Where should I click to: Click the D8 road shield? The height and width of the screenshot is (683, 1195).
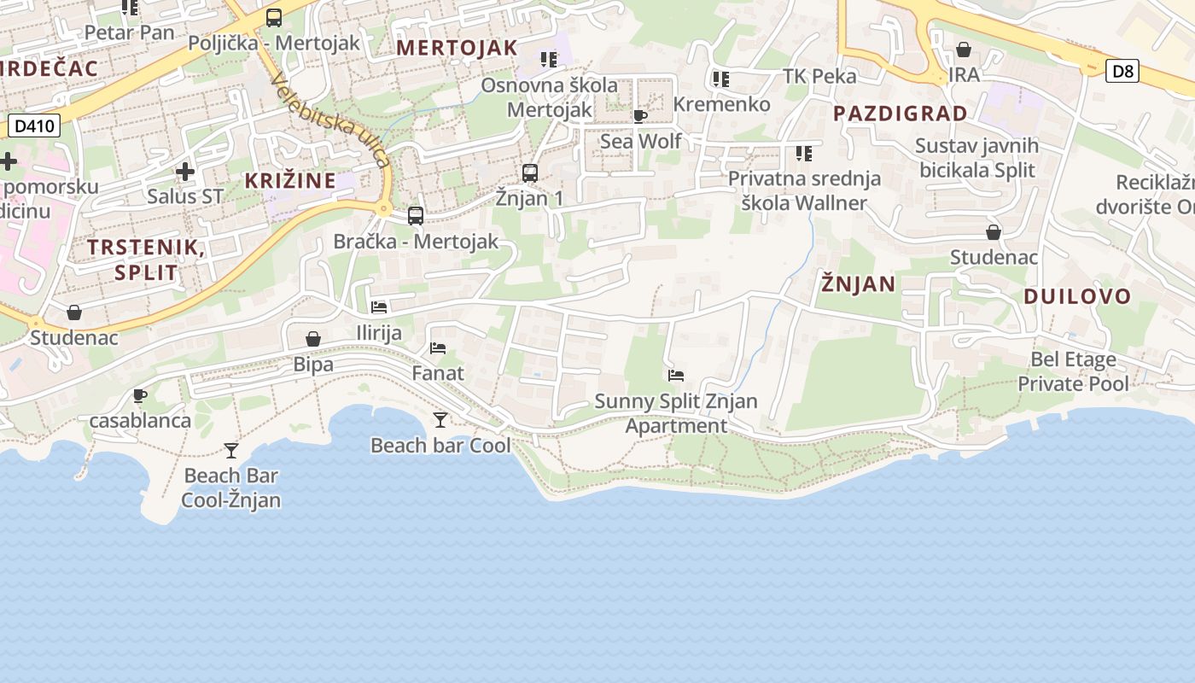tap(1122, 71)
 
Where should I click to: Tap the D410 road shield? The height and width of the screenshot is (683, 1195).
tap(35, 127)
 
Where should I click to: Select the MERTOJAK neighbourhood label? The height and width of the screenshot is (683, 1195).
tap(458, 48)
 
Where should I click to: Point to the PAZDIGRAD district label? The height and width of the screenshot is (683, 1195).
tap(901, 114)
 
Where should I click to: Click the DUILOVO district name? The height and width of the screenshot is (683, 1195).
tap(1077, 297)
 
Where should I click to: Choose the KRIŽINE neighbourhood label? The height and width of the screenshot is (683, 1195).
tap(290, 181)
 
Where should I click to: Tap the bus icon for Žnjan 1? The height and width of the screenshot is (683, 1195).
tap(530, 173)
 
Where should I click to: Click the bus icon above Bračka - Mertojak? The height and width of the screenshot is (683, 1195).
tap(416, 215)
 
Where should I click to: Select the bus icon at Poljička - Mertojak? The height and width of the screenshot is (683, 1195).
tap(274, 17)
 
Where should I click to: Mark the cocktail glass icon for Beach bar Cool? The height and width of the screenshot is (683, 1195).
tap(440, 419)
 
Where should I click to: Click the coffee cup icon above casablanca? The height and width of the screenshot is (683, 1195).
tap(140, 395)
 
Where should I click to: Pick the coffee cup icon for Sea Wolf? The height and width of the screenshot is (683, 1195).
tap(640, 116)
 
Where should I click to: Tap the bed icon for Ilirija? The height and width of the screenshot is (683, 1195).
tap(379, 306)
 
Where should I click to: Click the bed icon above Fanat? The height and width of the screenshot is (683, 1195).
tap(438, 347)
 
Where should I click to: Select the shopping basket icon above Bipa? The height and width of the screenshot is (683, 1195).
tap(313, 339)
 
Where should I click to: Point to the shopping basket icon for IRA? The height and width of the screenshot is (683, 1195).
tap(964, 50)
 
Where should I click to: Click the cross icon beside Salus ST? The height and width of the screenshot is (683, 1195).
tap(185, 172)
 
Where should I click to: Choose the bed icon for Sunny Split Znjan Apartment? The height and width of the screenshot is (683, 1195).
tap(676, 375)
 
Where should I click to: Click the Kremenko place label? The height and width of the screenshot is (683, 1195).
tap(722, 104)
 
